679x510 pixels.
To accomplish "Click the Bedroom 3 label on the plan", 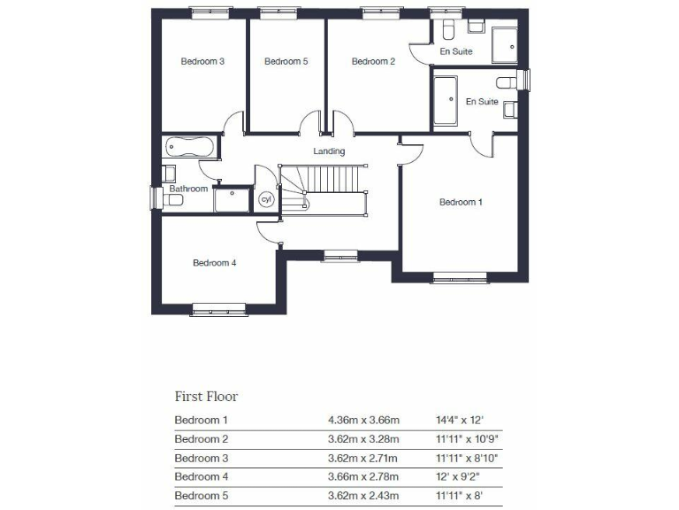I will pyautogui.click(x=202, y=61).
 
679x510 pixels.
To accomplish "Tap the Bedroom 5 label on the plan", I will pyautogui.click(x=286, y=61).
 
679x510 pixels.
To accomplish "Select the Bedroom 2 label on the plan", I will pyautogui.click(x=372, y=61).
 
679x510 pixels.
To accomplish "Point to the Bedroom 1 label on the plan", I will pyautogui.click(x=461, y=202).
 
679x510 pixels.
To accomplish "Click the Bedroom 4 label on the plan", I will pyautogui.click(x=214, y=262).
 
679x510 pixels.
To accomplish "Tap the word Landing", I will pyautogui.click(x=329, y=151).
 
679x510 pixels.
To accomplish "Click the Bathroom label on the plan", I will pyautogui.click(x=188, y=189).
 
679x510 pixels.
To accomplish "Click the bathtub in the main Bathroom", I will pyautogui.click(x=188, y=146).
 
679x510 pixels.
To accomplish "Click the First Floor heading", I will pyautogui.click(x=206, y=396).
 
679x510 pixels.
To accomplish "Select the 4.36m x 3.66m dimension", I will pyautogui.click(x=363, y=420).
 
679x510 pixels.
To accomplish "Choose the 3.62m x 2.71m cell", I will pyautogui.click(x=363, y=458).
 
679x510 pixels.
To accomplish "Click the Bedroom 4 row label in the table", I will pyautogui.click(x=202, y=476).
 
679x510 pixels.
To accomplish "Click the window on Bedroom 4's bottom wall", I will pyautogui.click(x=218, y=309).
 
